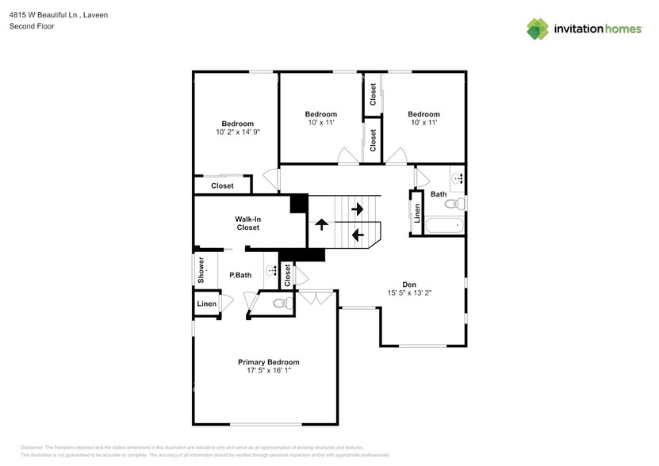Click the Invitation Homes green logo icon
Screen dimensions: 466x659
[538, 29]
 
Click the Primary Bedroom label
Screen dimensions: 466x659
[268, 362]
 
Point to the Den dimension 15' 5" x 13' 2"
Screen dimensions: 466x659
[408, 292]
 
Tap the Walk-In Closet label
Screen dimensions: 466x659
[247, 223]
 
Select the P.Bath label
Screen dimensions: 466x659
[240, 275]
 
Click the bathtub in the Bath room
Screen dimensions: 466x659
[444, 226]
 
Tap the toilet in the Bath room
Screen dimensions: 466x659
[453, 204]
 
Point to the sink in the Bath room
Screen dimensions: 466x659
[457, 179]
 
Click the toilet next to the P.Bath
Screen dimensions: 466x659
[281, 303]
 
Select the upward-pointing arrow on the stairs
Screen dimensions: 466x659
[321, 224]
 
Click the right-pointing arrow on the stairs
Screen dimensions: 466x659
[357, 209]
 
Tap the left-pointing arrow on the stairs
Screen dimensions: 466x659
[357, 235]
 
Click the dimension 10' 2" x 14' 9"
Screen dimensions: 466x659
[237, 133]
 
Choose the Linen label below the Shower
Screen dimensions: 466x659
[206, 304]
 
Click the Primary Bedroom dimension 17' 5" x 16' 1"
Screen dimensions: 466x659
[268, 372]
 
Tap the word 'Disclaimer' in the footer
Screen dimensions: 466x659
[32, 448]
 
